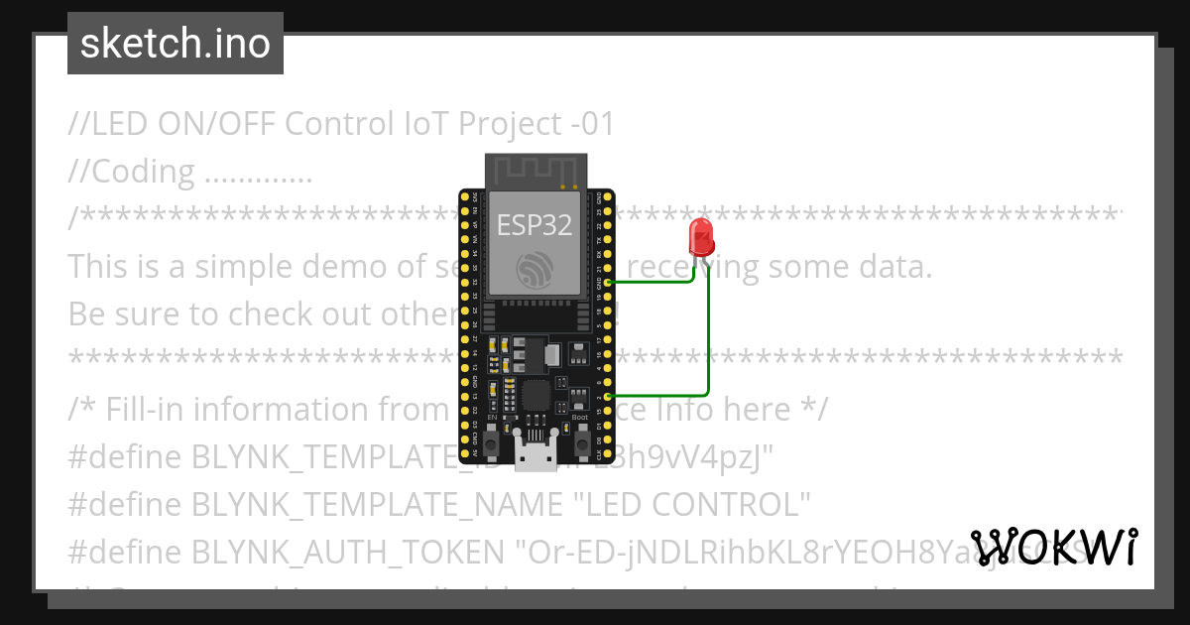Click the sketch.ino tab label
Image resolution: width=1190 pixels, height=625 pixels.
175,44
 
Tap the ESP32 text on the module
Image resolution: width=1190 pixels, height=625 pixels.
535,225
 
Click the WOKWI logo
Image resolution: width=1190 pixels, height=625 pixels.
1053,547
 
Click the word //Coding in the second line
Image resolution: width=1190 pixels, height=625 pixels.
131,172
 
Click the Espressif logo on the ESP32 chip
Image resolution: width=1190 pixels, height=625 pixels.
535,269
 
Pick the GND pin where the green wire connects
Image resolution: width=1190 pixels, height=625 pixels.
605,282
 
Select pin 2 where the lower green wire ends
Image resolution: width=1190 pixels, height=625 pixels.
605,396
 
